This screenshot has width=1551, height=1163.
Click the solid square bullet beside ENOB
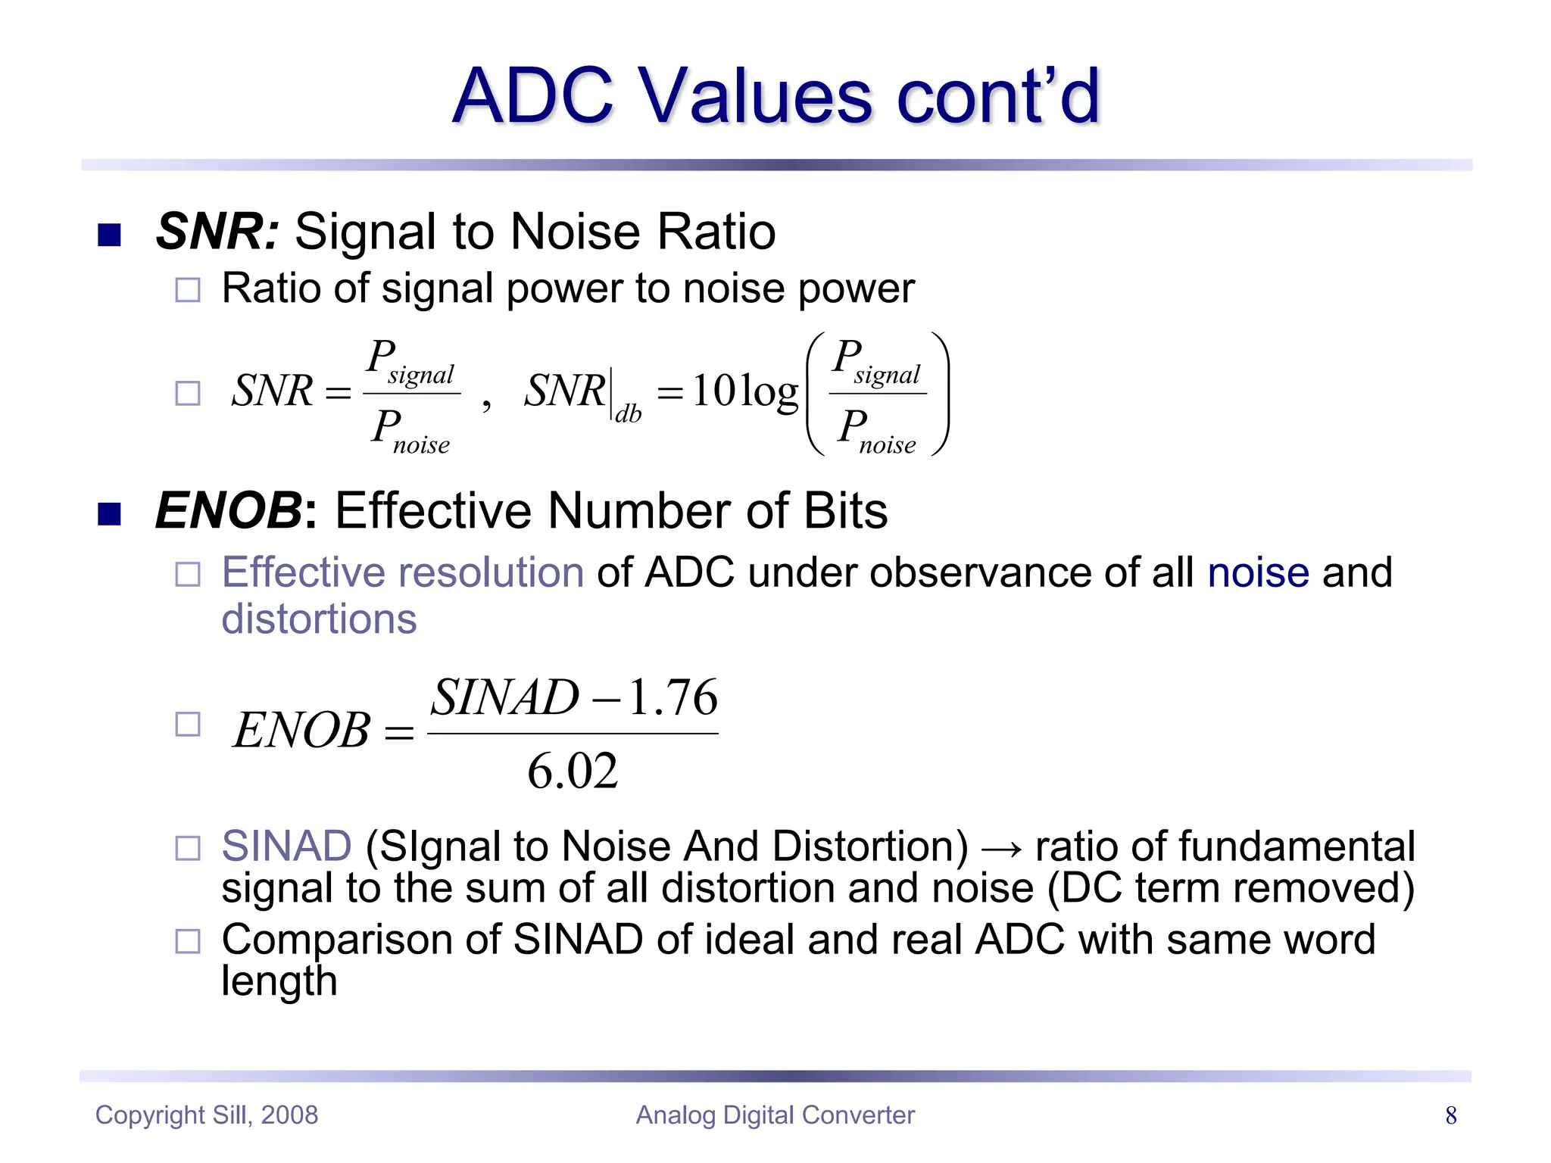110,514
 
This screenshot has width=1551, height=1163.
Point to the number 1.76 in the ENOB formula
673,697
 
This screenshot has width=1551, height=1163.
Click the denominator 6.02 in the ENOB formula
573,772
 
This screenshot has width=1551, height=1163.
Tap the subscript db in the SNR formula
628,414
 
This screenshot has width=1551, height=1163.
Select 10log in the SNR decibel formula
745,391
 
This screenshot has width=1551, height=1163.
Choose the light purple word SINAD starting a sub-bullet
286,846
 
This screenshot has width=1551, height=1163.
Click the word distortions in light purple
319,619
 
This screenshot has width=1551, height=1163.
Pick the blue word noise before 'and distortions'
1258,572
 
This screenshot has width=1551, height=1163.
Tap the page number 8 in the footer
1450,1115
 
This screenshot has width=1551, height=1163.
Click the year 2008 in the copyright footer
289,1115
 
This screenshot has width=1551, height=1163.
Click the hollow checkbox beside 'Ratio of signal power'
188,290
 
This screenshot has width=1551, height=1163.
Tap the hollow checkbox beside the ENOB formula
188,725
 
